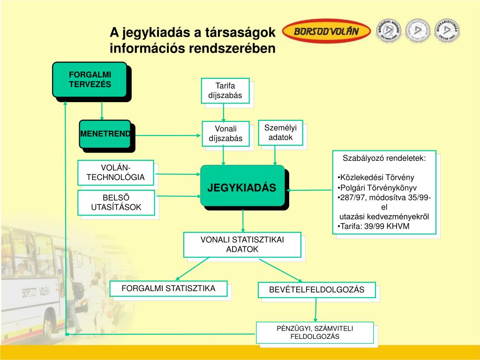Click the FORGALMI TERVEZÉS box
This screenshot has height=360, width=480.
90,80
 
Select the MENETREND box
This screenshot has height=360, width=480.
105,134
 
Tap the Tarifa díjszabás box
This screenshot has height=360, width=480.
225,90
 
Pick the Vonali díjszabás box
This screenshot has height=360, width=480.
225,133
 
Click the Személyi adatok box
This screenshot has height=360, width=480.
280,132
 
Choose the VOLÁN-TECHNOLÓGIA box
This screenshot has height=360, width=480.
115,172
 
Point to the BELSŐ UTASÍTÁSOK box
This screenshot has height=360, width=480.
115,202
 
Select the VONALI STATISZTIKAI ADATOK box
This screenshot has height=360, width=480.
242,244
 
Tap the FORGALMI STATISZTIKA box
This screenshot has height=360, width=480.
168,288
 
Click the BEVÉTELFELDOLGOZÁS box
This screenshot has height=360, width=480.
316,290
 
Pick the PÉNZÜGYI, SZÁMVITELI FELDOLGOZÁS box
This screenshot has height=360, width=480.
315,332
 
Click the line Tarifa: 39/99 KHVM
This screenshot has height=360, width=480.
373,226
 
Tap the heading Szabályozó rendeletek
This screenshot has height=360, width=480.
384,158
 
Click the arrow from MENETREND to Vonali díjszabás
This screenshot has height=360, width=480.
166,135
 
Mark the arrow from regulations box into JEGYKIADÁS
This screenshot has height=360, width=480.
309,190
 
